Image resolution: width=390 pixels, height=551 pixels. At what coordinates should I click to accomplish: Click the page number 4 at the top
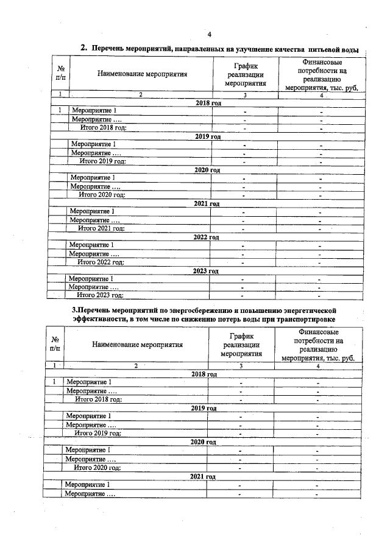209,33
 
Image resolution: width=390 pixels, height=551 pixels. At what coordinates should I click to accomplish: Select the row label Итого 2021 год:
101,228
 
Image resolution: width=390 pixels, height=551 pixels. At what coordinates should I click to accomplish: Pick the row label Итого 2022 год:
100,262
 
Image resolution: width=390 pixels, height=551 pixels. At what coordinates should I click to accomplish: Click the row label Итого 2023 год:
99,295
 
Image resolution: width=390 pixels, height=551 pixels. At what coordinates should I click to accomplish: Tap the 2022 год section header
206,237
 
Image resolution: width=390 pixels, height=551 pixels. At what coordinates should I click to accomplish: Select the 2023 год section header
205,270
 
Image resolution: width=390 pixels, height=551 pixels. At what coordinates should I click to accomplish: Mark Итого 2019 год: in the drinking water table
102,161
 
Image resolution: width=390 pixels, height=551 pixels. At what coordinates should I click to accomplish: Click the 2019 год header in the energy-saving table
204,408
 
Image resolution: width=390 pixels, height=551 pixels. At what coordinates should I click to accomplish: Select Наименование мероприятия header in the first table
141,74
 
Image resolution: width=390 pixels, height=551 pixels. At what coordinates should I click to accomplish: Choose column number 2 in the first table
141,94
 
